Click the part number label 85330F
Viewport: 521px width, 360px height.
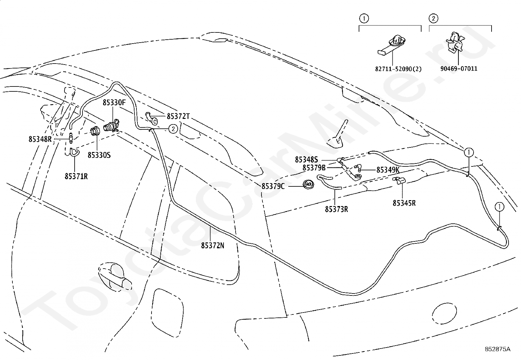coord(114,103)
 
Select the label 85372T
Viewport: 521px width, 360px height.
coord(178,116)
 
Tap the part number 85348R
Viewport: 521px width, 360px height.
coord(40,139)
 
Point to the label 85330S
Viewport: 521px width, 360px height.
coord(99,155)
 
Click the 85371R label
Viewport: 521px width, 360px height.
coord(76,177)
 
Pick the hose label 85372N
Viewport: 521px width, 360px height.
coord(213,245)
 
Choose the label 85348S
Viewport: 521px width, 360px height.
coord(306,160)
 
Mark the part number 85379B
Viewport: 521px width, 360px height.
coord(314,168)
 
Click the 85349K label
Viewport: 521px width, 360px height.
coord(388,170)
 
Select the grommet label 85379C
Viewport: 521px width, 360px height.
coord(273,186)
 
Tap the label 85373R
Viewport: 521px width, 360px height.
coord(336,209)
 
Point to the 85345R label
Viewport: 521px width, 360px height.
coord(404,203)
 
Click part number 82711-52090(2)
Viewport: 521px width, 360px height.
coord(398,69)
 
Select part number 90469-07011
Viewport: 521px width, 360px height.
coord(459,69)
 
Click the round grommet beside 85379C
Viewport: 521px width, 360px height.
coord(308,185)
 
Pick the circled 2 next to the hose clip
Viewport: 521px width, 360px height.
coord(173,129)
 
